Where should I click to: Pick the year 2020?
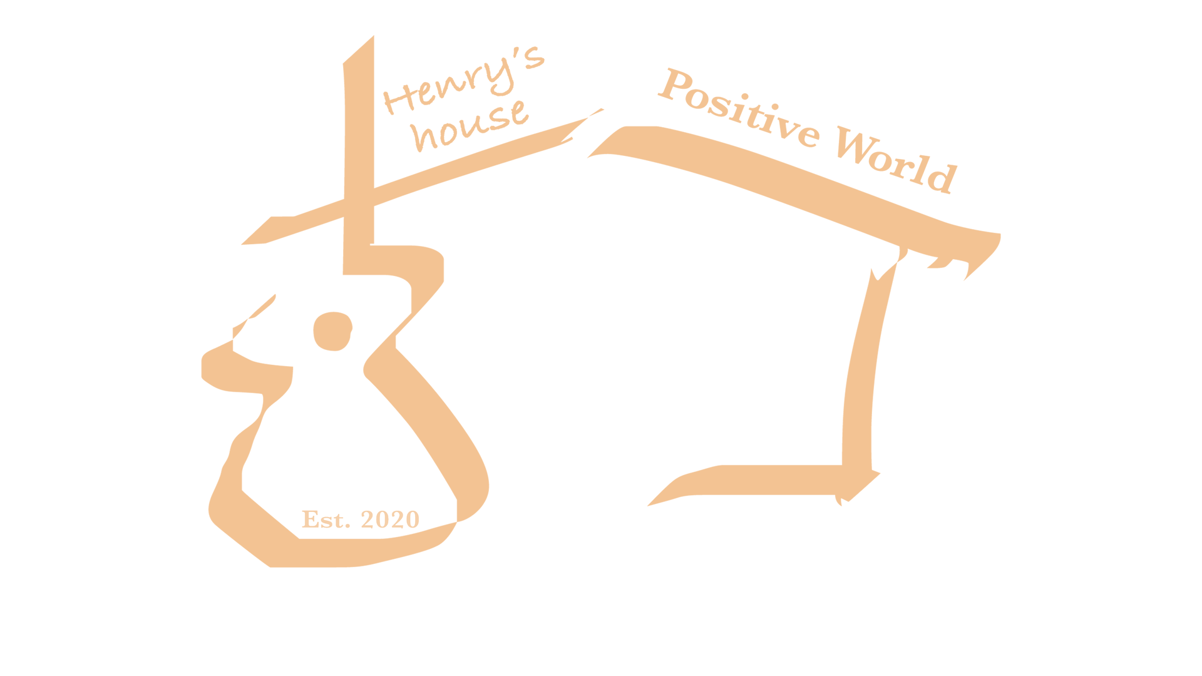390,520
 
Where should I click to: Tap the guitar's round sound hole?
332,331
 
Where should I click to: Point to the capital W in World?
855,145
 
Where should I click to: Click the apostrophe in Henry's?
516,52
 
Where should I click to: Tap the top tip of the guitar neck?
372,38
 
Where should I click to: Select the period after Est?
347,525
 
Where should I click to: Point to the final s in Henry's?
534,58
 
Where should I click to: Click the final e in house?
520,113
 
